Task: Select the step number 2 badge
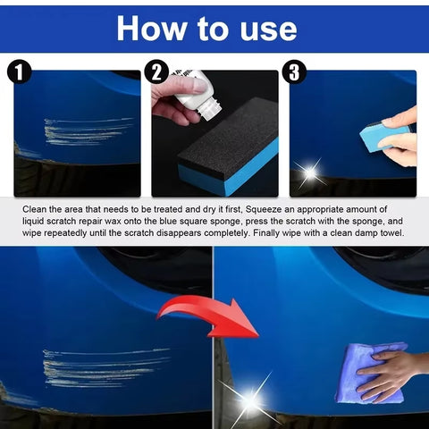158,71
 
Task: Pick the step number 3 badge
294,71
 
